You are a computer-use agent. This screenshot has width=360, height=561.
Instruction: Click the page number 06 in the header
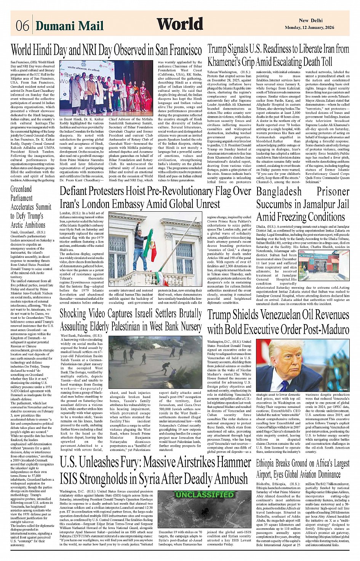(x=22, y=26)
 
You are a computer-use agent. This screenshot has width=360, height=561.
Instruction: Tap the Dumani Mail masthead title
(x=69, y=26)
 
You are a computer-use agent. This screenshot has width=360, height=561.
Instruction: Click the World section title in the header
(x=180, y=24)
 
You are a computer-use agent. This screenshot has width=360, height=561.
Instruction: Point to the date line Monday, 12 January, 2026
(x=309, y=28)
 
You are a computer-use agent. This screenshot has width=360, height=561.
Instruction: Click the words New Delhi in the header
(x=310, y=21)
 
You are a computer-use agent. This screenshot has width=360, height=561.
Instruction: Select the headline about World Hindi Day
(x=106, y=50)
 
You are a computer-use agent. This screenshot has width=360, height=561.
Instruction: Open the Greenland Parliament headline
(x=31, y=207)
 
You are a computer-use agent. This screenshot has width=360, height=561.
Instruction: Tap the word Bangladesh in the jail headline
(x=278, y=192)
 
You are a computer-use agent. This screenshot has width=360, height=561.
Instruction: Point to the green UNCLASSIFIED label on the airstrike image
(x=204, y=495)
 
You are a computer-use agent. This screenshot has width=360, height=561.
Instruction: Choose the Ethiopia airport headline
(x=302, y=469)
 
